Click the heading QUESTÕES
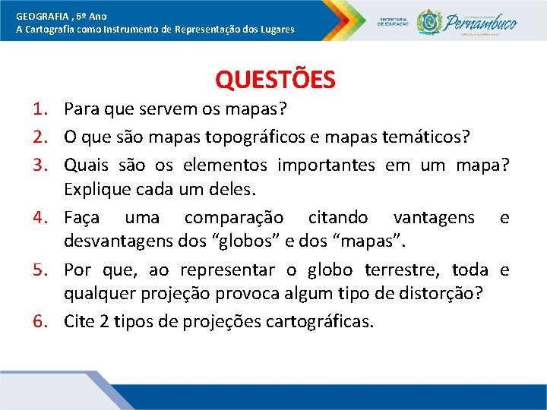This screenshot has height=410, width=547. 275,79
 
